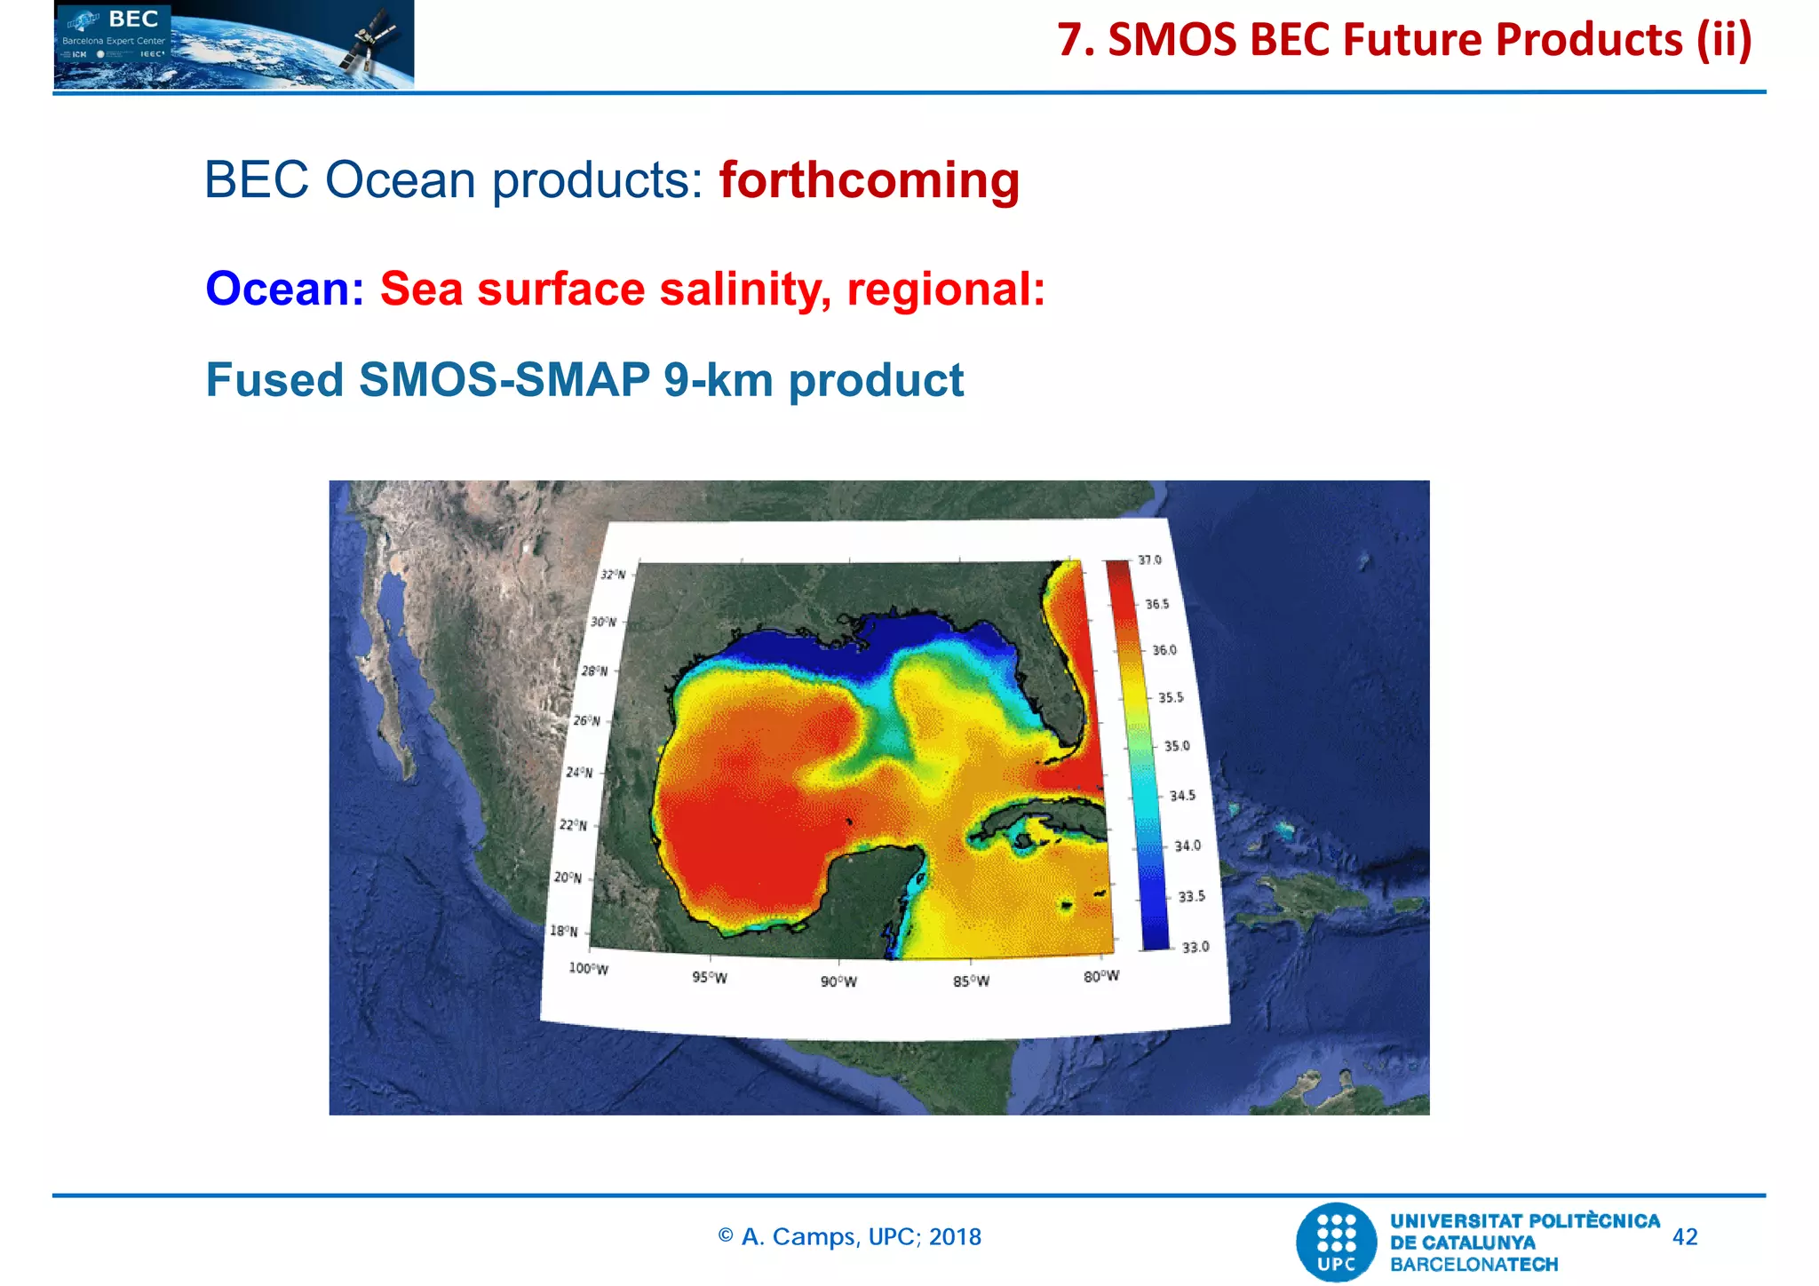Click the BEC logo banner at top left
tap(234, 44)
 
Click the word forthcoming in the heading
tap(869, 180)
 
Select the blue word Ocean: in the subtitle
tap(284, 290)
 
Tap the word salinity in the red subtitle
tap(745, 290)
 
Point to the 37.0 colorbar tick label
tap(1149, 560)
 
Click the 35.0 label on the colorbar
tap(1177, 746)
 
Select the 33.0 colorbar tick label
tap(1195, 947)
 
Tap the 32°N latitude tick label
tap(613, 575)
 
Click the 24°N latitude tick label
tap(579, 773)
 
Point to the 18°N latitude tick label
tap(563, 931)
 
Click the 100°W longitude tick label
tap(588, 968)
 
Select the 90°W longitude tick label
tap(838, 981)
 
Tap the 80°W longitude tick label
tap(1101, 976)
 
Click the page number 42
tap(1685, 1237)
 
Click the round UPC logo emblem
tap(1337, 1242)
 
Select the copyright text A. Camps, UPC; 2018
tap(850, 1237)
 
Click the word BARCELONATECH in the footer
tap(1473, 1265)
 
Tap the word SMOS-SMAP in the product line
tap(504, 380)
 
